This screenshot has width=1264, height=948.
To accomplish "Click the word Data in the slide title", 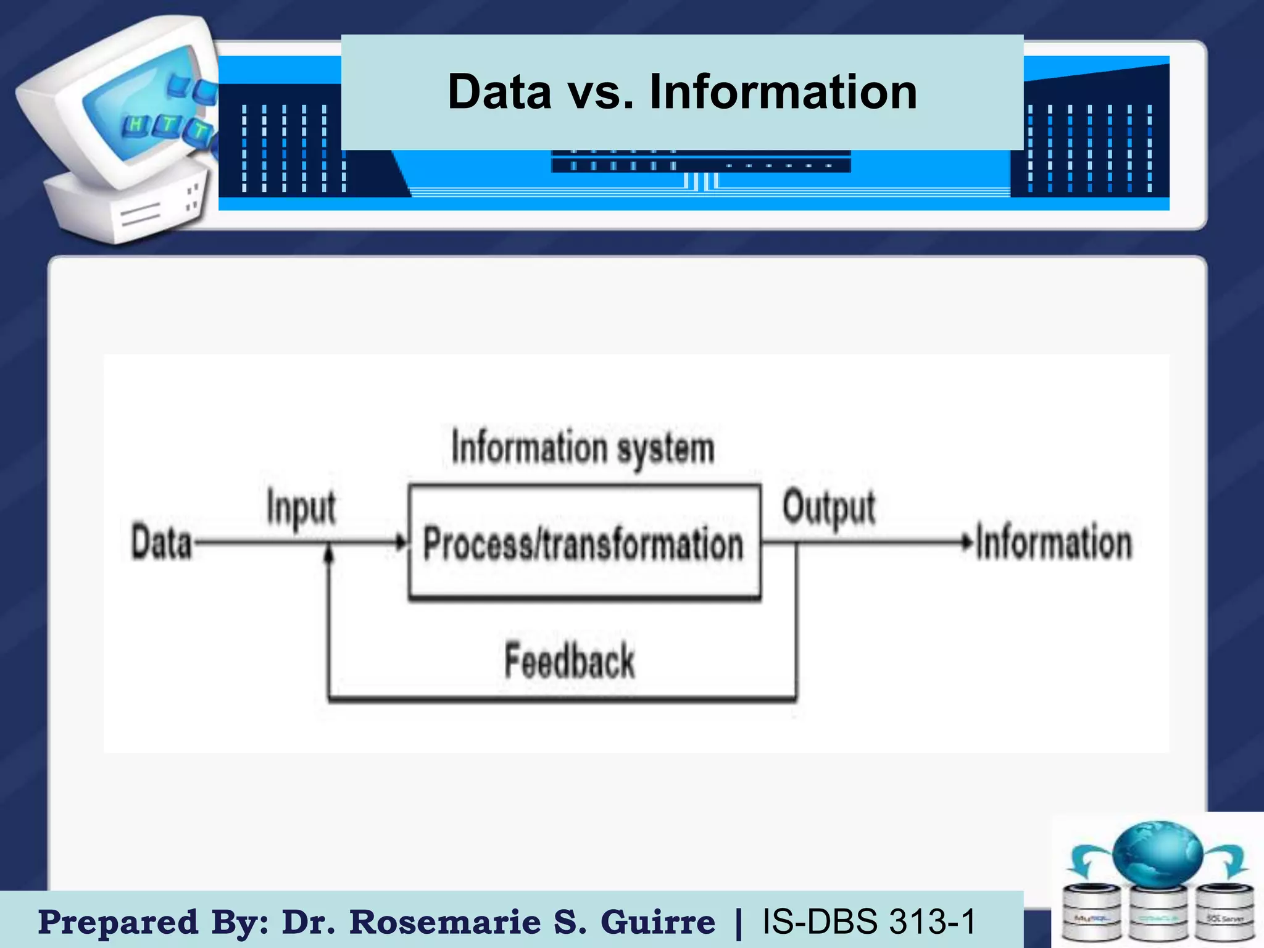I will point(499,92).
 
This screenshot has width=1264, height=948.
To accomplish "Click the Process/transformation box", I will point(584,543).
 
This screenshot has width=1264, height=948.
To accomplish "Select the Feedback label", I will point(569,661).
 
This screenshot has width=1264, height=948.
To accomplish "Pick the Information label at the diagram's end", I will point(1054,543).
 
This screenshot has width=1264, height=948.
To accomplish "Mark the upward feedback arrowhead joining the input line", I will point(329,554).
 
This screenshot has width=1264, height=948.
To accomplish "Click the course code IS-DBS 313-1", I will point(869,922).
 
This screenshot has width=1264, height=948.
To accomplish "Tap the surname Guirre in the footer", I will point(658,922).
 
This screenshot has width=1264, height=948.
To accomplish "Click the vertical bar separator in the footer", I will point(739,922).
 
